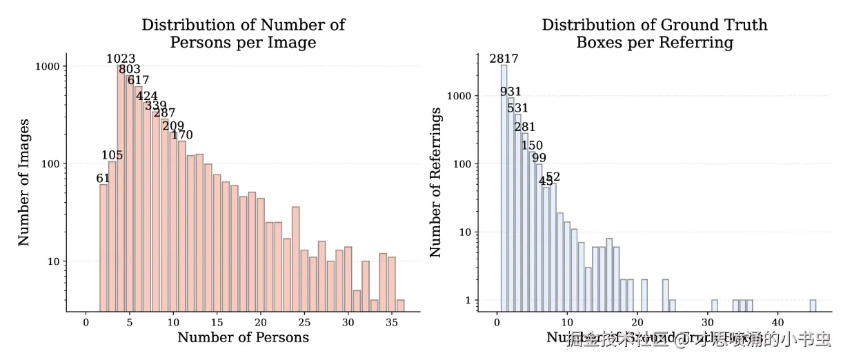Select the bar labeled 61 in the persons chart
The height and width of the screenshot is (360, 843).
click(x=103, y=248)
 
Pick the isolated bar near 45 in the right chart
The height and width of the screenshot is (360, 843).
click(x=813, y=306)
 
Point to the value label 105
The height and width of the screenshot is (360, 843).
click(x=112, y=155)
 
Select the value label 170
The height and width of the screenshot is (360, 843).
click(x=182, y=134)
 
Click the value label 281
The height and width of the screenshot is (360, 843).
click(x=524, y=127)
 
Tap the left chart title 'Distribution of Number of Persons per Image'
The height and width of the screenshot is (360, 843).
click(x=243, y=34)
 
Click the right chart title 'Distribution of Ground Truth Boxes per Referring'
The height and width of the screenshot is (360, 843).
click(x=654, y=34)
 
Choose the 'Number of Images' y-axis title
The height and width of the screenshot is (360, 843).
click(x=24, y=182)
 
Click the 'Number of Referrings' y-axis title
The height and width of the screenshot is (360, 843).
click(x=435, y=182)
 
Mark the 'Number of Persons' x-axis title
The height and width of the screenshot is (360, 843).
click(x=243, y=337)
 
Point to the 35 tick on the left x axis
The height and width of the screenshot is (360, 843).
click(x=391, y=321)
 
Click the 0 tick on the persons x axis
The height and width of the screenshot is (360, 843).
click(x=86, y=321)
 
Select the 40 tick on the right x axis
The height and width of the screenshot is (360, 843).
click(x=777, y=321)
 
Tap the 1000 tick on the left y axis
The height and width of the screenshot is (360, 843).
click(x=47, y=66)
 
